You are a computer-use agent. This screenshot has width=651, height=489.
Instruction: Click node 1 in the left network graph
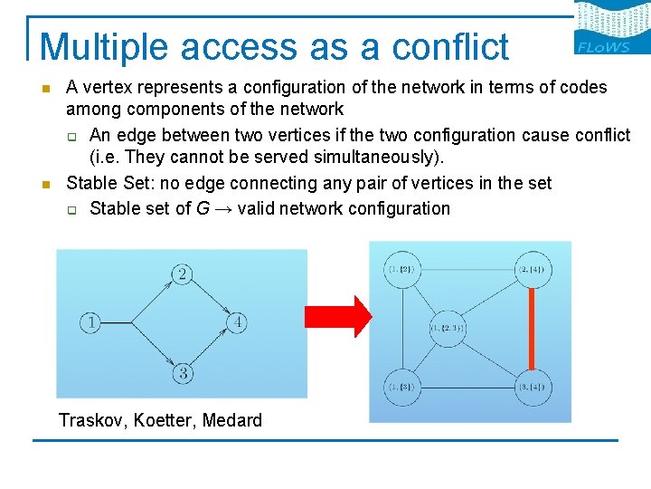pyautogui.click(x=90, y=321)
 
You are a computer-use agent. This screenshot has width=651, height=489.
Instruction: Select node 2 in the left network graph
pyautogui.click(x=182, y=274)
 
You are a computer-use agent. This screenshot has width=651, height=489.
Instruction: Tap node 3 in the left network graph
pyautogui.click(x=182, y=372)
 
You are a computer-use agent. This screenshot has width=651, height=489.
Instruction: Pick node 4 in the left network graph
pyautogui.click(x=237, y=321)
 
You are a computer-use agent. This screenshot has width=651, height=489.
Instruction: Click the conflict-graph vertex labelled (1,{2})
pyautogui.click(x=401, y=269)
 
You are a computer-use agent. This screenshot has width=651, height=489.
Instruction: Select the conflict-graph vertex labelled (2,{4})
pyautogui.click(x=531, y=269)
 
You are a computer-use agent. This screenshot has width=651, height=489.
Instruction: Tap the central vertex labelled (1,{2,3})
pyautogui.click(x=448, y=328)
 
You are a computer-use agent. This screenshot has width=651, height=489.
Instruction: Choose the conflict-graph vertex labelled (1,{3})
pyautogui.click(x=401, y=388)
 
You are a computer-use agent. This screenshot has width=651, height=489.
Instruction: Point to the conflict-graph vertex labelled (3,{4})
pyautogui.click(x=531, y=388)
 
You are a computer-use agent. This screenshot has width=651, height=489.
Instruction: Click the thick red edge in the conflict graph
pyautogui.click(x=531, y=328)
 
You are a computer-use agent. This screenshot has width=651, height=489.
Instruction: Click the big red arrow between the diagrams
pyautogui.click(x=337, y=316)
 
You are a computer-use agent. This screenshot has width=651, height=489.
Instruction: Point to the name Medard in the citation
pyautogui.click(x=232, y=420)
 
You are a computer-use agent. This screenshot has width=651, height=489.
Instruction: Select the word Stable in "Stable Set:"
pyautogui.click(x=90, y=183)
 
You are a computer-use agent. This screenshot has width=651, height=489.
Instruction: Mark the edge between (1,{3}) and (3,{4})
pyautogui.click(x=466, y=388)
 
